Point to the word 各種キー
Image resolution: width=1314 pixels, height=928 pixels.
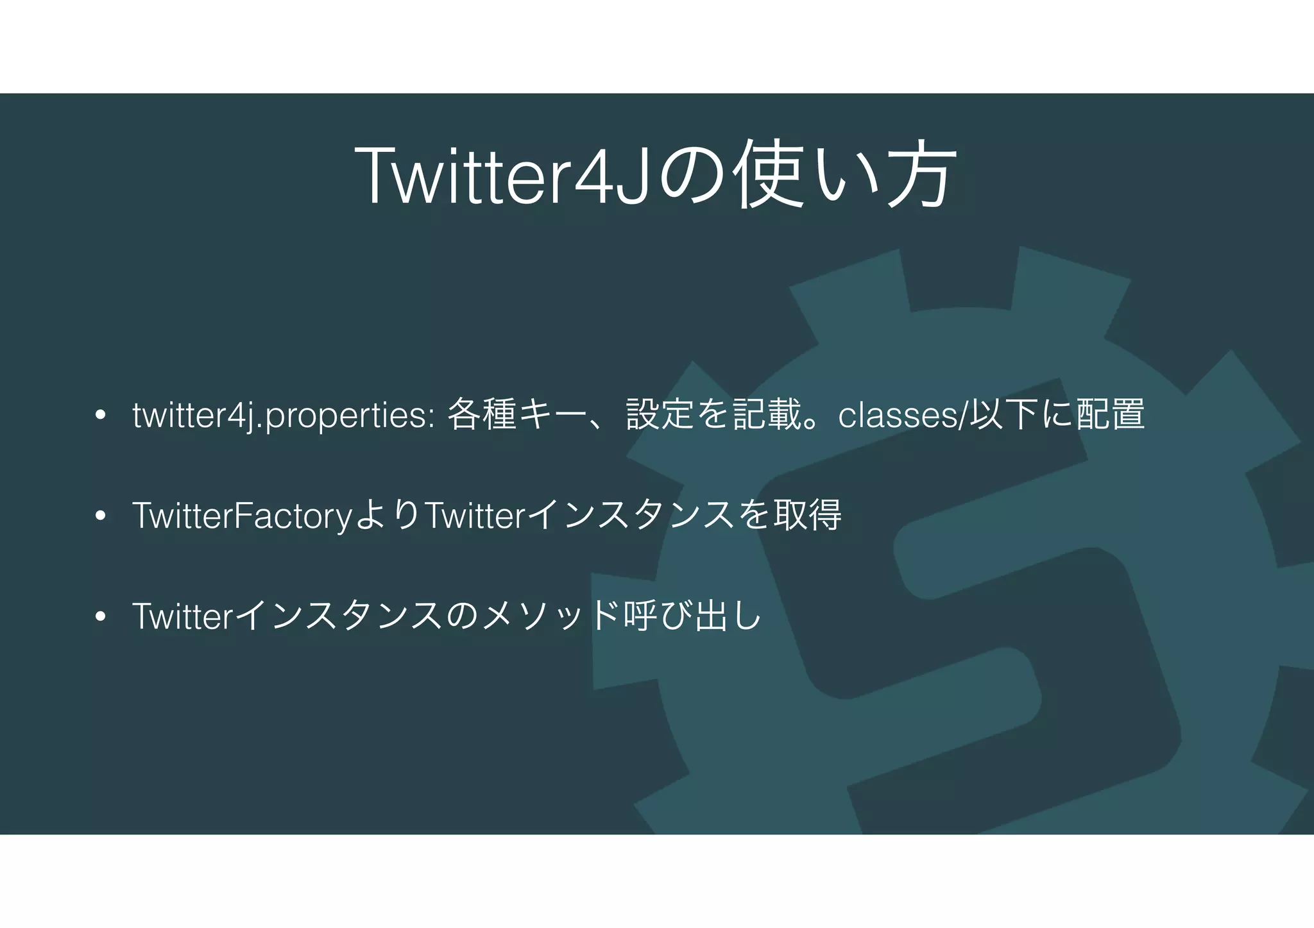pyautogui.click(x=517, y=414)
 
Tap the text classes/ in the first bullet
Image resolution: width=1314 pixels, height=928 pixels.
pyautogui.click(x=902, y=416)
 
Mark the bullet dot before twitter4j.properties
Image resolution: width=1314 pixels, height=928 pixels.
pyautogui.click(x=99, y=416)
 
